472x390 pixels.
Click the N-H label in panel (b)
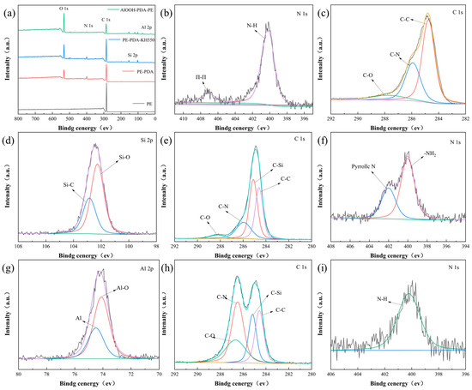[x=252, y=26]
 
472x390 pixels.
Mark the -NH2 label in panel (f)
[x=427, y=154]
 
